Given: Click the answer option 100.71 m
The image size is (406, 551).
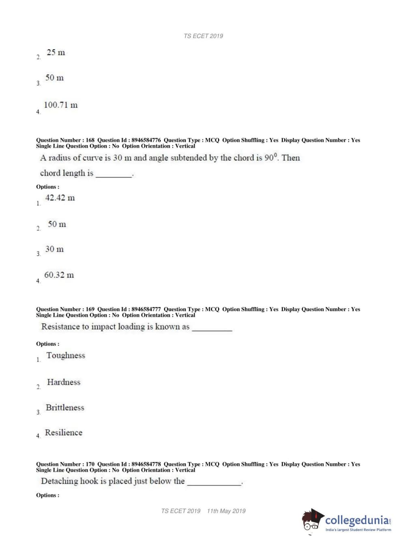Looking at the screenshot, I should (60, 105).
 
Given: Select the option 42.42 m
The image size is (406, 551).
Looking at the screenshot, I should (60, 198).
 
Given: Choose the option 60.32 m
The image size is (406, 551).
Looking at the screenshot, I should (59, 275).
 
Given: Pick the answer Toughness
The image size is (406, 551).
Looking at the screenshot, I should (66, 356).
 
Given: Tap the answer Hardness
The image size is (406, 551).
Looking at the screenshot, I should (64, 382).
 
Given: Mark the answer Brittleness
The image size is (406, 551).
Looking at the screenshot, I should (65, 408).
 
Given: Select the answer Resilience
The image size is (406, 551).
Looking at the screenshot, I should (63, 433).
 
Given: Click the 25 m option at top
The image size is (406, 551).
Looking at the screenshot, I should (56, 52).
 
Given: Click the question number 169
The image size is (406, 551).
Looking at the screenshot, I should (90, 309).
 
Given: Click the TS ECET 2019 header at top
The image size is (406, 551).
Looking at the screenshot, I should (203, 36).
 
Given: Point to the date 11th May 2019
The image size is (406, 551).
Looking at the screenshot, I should (226, 511).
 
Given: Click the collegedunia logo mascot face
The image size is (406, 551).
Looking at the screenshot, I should (312, 521).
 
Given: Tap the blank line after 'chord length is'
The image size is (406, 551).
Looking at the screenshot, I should (114, 175).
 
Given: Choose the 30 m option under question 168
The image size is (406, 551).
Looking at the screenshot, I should (54, 249).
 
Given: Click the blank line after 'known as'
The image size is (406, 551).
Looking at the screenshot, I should (212, 328).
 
